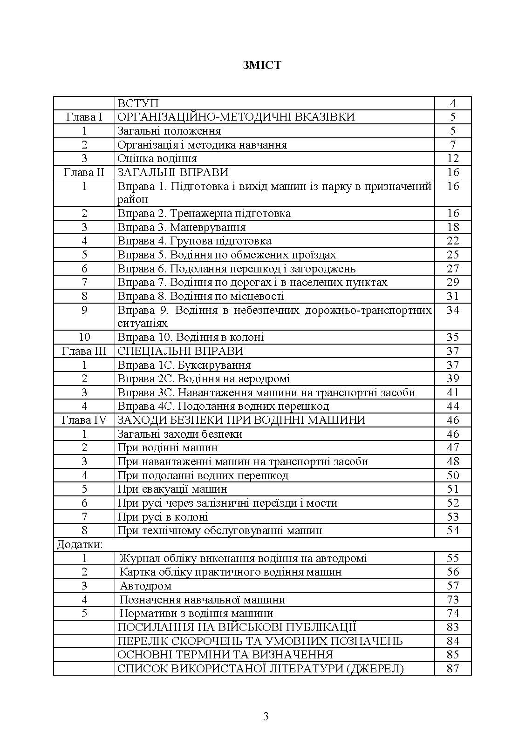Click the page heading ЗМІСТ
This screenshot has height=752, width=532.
[x=262, y=65]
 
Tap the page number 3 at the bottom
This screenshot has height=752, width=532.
[x=266, y=716]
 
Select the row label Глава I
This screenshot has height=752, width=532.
[x=84, y=117]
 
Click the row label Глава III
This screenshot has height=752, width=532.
[x=84, y=351]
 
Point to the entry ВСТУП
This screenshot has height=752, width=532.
[x=138, y=103]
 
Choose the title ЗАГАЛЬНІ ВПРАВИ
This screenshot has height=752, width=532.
[x=173, y=172]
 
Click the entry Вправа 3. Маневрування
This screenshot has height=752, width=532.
[x=181, y=227]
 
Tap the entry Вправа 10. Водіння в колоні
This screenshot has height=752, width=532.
[x=191, y=337]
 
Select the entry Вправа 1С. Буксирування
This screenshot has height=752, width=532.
[x=184, y=365]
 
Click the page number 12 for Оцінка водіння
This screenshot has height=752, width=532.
[x=453, y=158]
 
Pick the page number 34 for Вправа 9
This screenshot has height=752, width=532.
[x=453, y=310]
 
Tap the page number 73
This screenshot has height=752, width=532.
[x=453, y=600]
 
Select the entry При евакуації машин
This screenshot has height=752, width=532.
[x=172, y=489]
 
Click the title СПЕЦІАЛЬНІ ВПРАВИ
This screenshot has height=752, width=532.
[x=180, y=351]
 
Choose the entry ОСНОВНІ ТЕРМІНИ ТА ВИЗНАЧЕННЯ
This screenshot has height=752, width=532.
[x=225, y=655]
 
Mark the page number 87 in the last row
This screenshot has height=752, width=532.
[x=453, y=669]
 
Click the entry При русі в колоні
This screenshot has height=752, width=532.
[x=163, y=517]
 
